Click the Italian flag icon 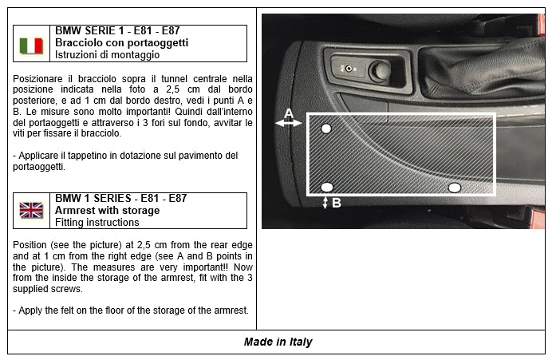[x=31, y=45]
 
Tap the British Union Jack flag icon [x=31, y=211]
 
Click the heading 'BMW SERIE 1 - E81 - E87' [x=117, y=30]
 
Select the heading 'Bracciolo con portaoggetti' [x=121, y=42]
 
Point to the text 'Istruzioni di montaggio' [x=107, y=55]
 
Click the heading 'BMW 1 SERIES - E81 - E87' [x=120, y=198]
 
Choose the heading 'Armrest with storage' [x=107, y=210]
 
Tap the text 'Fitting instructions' [x=97, y=223]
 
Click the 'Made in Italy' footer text [x=278, y=342]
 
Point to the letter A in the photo [x=288, y=111]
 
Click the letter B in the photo [x=337, y=203]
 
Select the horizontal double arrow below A [x=288, y=123]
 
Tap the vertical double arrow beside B [x=325, y=203]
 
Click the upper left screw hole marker [x=325, y=129]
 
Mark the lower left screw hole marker [x=326, y=187]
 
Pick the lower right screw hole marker [x=454, y=187]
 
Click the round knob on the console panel [x=382, y=70]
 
